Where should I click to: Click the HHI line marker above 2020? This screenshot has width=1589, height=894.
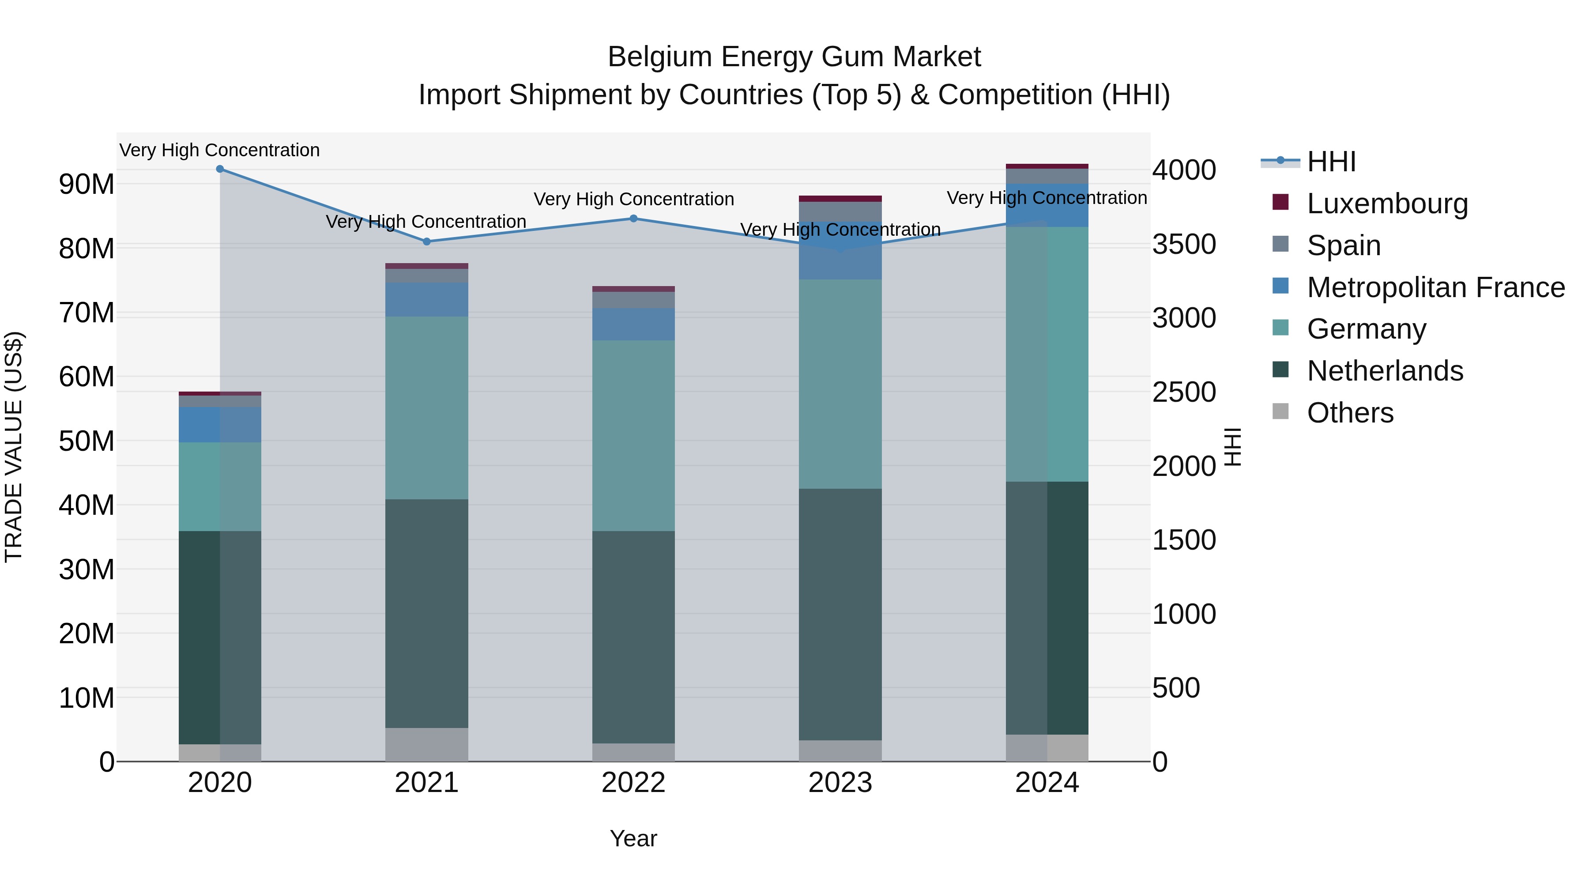pyautogui.click(x=220, y=169)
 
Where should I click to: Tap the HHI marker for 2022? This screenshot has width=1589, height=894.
pyautogui.click(x=633, y=219)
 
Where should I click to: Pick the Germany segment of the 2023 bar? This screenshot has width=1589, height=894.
pyautogui.click(x=840, y=384)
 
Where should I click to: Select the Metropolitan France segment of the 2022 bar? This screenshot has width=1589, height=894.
pyautogui.click(x=633, y=324)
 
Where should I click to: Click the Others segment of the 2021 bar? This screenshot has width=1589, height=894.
pyautogui.click(x=426, y=745)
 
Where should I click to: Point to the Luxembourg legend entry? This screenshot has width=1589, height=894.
pyautogui.click(x=1387, y=204)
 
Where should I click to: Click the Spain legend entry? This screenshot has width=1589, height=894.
pyautogui.click(x=1344, y=245)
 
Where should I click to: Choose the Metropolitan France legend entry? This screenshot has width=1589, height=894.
pyautogui.click(x=1435, y=287)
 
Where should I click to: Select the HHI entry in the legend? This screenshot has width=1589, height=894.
pyautogui.click(x=1331, y=162)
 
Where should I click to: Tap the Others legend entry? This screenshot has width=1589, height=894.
pyautogui.click(x=1350, y=413)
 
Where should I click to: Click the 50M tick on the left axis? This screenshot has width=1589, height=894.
pyautogui.click(x=87, y=441)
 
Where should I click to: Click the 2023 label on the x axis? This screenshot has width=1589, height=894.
pyautogui.click(x=840, y=783)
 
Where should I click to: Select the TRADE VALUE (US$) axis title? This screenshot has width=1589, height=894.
pyautogui.click(x=14, y=447)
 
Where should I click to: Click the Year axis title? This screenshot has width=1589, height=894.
pyautogui.click(x=633, y=838)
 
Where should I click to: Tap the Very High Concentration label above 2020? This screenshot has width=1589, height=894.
pyautogui.click(x=220, y=150)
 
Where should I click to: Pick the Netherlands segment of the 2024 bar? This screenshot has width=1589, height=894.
pyautogui.click(x=1047, y=608)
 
